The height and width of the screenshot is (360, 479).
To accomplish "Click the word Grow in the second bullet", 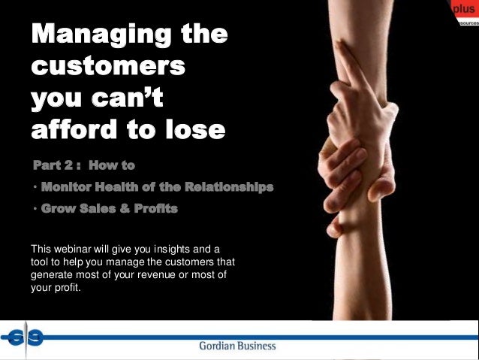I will tap(59, 209).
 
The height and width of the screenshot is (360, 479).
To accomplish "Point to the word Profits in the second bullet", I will tap(153, 209).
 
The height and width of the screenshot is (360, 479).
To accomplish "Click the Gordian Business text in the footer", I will tap(237, 346).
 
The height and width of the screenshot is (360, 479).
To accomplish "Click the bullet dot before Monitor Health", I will tap(35, 187).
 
